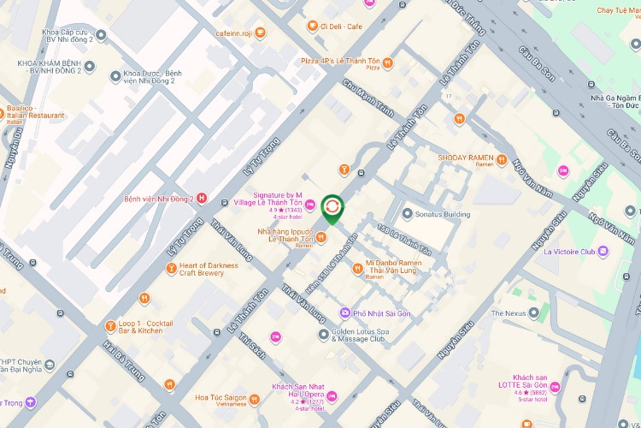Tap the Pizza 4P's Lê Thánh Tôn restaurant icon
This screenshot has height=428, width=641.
point(387,62)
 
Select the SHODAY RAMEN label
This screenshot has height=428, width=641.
point(465,158)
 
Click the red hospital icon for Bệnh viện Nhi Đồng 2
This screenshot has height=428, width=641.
point(202,199)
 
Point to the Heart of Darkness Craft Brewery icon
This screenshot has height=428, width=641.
point(171,269)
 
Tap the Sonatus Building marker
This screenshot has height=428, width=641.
point(408,213)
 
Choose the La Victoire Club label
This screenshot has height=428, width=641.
point(563,252)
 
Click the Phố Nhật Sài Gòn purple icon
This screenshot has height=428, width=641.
point(344,313)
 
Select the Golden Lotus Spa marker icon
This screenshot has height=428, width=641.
point(324,334)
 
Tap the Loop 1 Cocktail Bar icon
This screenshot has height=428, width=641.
point(111,325)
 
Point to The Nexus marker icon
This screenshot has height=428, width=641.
point(534,313)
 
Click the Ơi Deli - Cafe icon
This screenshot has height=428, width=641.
point(313,27)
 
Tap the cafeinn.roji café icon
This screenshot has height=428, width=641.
point(260,33)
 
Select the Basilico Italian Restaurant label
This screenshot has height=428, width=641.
point(35,115)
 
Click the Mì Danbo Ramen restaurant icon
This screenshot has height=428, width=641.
point(358,269)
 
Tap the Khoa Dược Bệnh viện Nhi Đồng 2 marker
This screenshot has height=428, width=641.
point(115,77)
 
